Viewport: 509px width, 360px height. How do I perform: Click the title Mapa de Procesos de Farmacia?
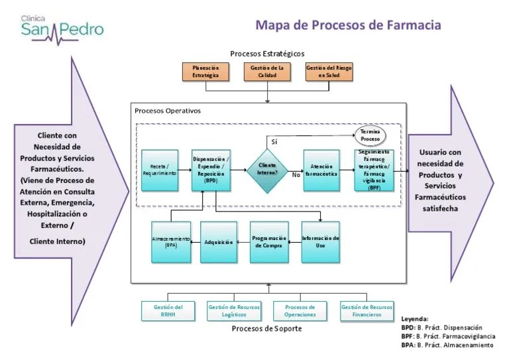pyautogui.click(x=348, y=25)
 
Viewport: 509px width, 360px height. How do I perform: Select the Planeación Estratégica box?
pyautogui.click(x=205, y=72)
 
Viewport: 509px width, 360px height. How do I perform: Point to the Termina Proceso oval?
pyautogui.click(x=375, y=135)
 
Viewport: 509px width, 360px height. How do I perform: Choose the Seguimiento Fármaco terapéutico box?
pyautogui.click(x=374, y=170)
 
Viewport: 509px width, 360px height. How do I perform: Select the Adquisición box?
pyautogui.click(x=219, y=242)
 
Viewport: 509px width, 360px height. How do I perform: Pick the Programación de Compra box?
pyautogui.click(x=270, y=242)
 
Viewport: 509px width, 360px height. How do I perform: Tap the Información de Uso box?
pyautogui.click(x=321, y=242)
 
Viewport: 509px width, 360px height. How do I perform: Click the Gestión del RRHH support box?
pyautogui.click(x=168, y=311)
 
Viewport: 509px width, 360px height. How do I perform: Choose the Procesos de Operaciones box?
pyautogui.click(x=300, y=311)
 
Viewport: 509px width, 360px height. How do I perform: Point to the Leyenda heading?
pyautogui.click(x=415, y=319)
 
